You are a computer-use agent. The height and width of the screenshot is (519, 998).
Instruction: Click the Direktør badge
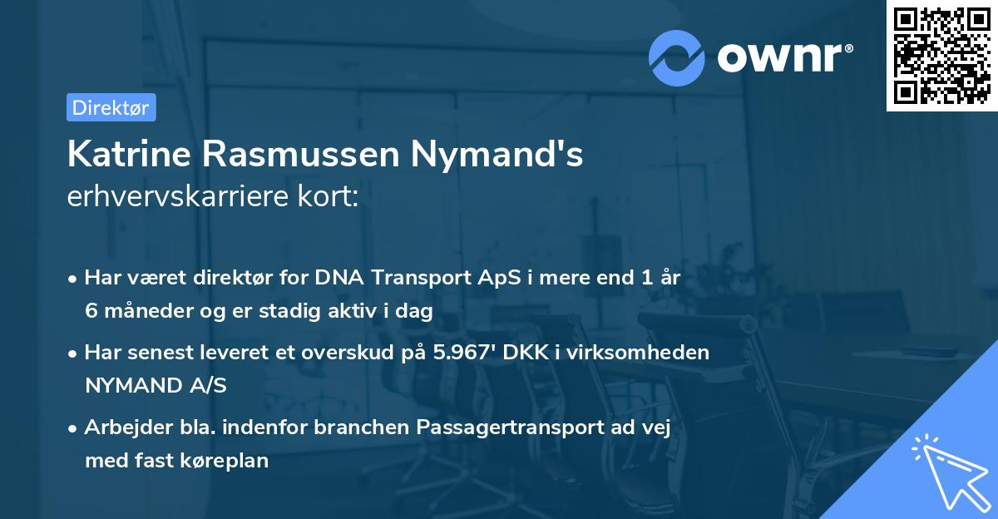111,107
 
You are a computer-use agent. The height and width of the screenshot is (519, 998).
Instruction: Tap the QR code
941,55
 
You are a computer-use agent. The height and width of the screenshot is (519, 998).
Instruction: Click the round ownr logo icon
677,57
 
